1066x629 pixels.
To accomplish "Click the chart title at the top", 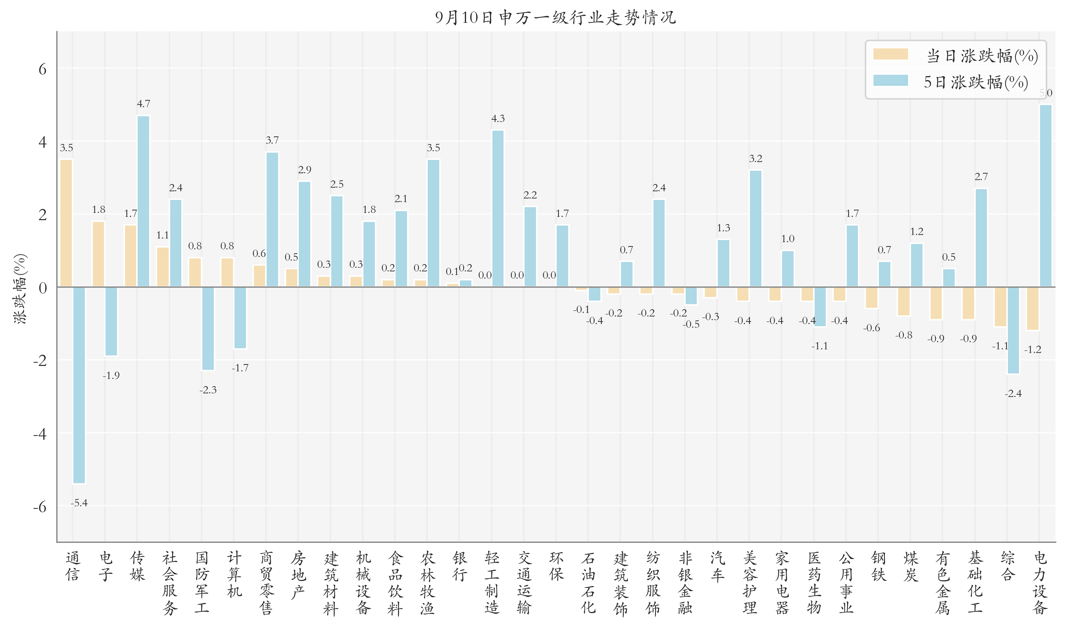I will click(x=555, y=17).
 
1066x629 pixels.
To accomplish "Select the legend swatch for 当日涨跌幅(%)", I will click(x=890, y=54).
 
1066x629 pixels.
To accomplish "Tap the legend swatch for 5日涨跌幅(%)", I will click(x=890, y=80).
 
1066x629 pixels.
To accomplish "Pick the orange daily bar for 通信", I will click(x=66, y=223).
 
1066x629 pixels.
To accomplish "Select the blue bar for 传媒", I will click(x=143, y=201).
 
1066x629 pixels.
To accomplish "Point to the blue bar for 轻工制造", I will click(x=498, y=209).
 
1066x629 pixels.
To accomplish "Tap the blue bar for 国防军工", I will click(x=208, y=328).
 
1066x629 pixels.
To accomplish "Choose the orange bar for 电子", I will click(x=98, y=254).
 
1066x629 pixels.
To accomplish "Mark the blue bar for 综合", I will click(x=1013, y=331).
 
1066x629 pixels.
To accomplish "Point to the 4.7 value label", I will click(x=143, y=104).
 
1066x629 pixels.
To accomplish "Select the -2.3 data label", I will click(x=208, y=390).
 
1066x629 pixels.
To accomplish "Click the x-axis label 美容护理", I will click(x=750, y=582).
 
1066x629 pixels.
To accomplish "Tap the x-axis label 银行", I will click(x=460, y=566).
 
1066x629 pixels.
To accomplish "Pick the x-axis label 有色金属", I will click(x=942, y=582).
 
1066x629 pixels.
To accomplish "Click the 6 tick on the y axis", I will click(x=42, y=69).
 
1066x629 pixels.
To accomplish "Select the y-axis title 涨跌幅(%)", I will click(x=20, y=289).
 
